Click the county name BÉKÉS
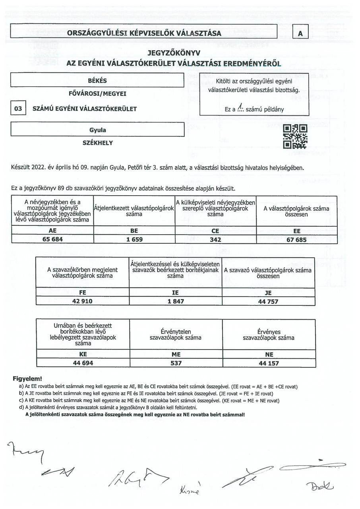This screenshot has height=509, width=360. coord(97,80)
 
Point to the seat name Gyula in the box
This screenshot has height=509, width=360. coord(97,130)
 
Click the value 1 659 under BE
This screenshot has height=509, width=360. coord(134,239)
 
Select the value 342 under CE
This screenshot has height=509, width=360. coord(216,239)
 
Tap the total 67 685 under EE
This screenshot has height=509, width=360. coord(296,239)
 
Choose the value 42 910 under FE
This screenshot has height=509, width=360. coord(82,301)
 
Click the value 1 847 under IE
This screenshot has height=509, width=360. coord(175,301)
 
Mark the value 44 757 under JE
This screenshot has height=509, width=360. coord(268,301)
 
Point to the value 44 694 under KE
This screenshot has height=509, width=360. coord(83,363)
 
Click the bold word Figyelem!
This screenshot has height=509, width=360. coord(27,379)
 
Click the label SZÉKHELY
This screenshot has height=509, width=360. coord(97,143)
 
